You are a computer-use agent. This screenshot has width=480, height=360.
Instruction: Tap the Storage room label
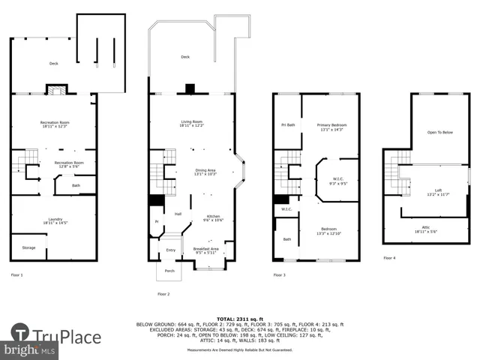tap(28, 247)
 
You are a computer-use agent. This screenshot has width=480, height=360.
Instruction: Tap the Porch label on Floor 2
tap(169, 271)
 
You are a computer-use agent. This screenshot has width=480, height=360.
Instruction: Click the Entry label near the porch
tap(170, 250)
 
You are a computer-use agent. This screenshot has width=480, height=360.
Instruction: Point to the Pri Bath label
tap(288, 124)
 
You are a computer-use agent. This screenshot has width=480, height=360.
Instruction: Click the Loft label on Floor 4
tap(438, 192)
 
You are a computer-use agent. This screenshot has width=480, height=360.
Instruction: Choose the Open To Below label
tap(440, 133)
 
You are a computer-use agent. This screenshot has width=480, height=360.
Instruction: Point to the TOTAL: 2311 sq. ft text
tap(240, 319)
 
